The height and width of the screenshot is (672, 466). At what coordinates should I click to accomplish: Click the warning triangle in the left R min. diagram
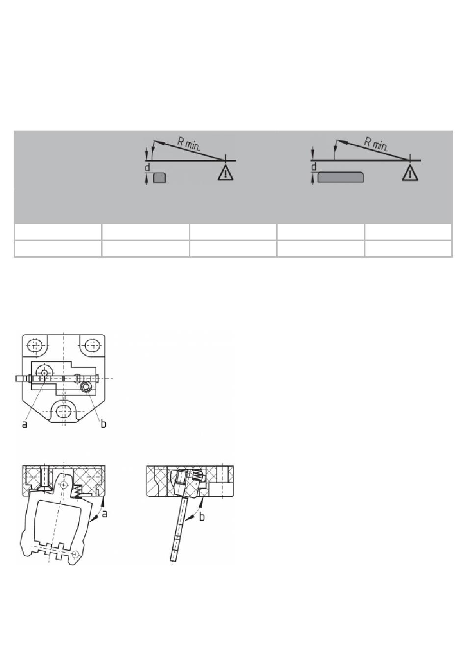(225, 174)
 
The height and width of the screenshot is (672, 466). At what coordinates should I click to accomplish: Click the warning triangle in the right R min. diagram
(410, 174)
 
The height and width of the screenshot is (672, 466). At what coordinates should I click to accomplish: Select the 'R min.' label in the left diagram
(189, 144)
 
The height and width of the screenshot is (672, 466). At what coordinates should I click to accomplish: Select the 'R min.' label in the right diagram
(376, 143)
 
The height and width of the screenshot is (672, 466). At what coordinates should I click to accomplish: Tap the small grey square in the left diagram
(159, 177)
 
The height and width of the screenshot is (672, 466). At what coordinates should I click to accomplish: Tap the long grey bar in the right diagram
(340, 177)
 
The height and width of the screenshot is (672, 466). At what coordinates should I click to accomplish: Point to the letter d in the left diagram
(147, 167)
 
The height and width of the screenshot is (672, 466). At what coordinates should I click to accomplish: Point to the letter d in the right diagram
(313, 167)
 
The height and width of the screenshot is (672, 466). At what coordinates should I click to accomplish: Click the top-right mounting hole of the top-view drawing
(91, 345)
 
